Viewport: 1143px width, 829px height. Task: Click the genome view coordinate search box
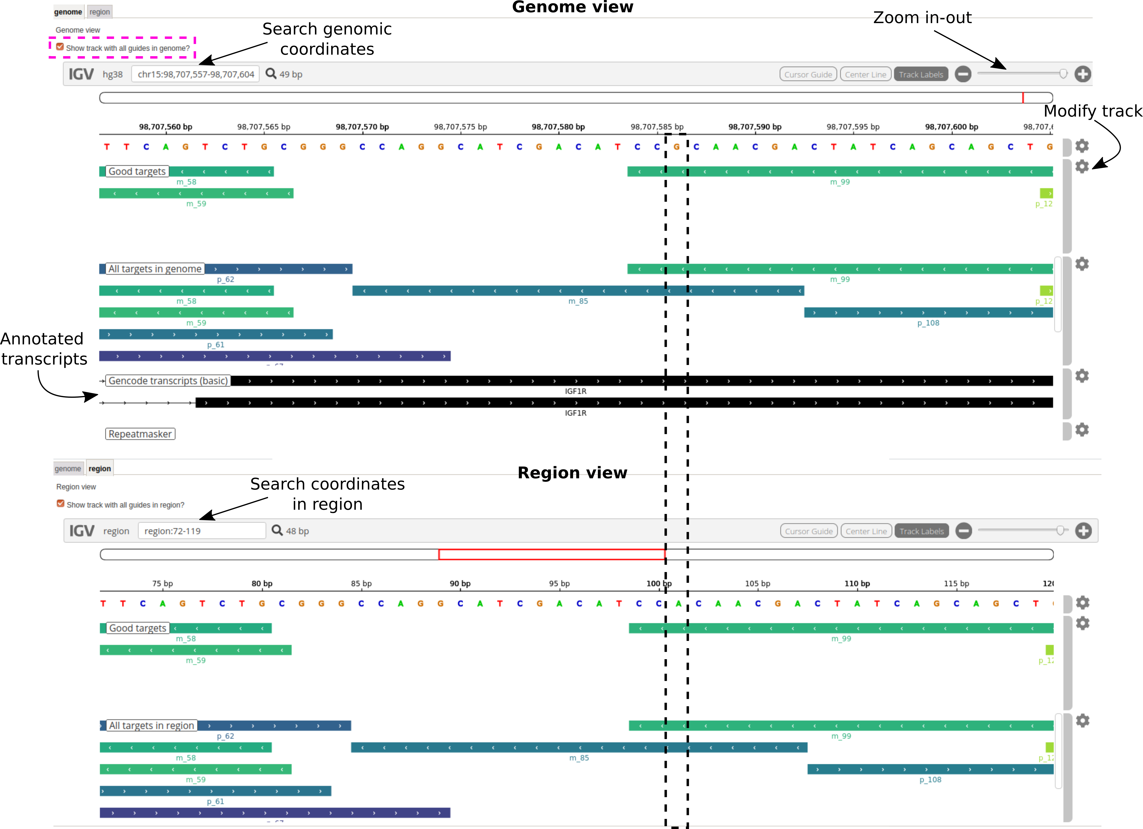[196, 74]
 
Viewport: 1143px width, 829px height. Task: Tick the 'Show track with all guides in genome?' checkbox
[60, 47]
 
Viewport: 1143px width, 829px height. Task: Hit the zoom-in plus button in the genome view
[1083, 74]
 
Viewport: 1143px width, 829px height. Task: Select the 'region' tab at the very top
[100, 12]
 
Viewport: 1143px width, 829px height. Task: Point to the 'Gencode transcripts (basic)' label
[168, 381]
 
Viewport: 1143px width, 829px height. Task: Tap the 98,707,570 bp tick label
[362, 127]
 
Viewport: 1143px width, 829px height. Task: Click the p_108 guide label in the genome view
[928, 323]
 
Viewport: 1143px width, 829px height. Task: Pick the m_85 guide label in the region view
[579, 758]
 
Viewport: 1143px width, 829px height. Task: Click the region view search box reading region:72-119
[202, 531]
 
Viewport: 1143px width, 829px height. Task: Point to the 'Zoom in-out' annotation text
[922, 18]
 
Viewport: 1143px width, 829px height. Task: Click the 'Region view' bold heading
[573, 472]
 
